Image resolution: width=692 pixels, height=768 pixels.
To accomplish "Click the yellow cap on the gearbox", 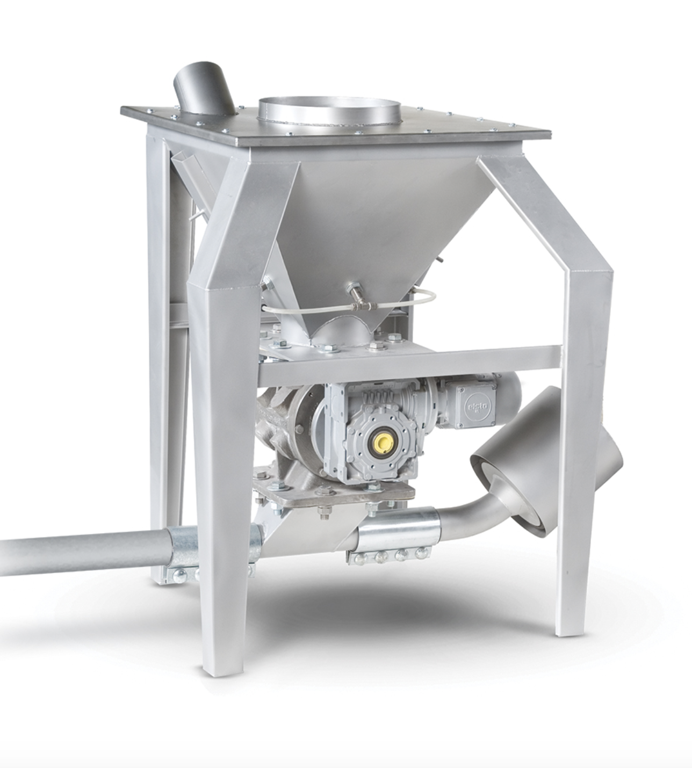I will [x=382, y=441].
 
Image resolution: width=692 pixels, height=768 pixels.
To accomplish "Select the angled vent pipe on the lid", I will [x=203, y=88].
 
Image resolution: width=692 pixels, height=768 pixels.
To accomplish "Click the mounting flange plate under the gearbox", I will [x=333, y=494].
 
